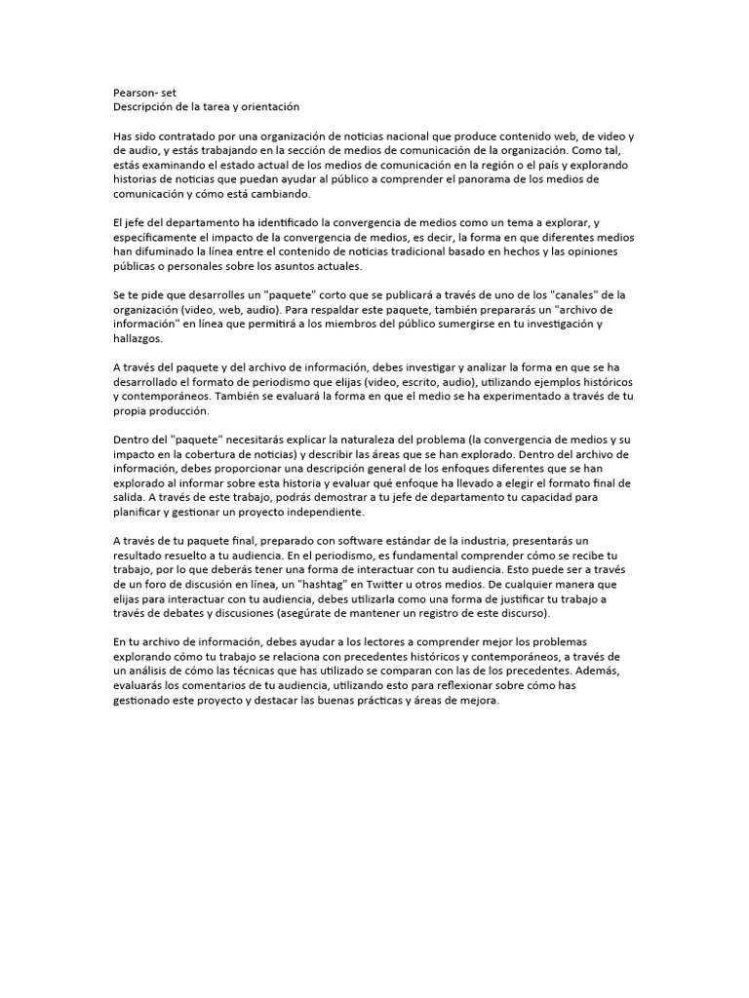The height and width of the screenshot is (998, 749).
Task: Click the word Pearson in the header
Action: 134,92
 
